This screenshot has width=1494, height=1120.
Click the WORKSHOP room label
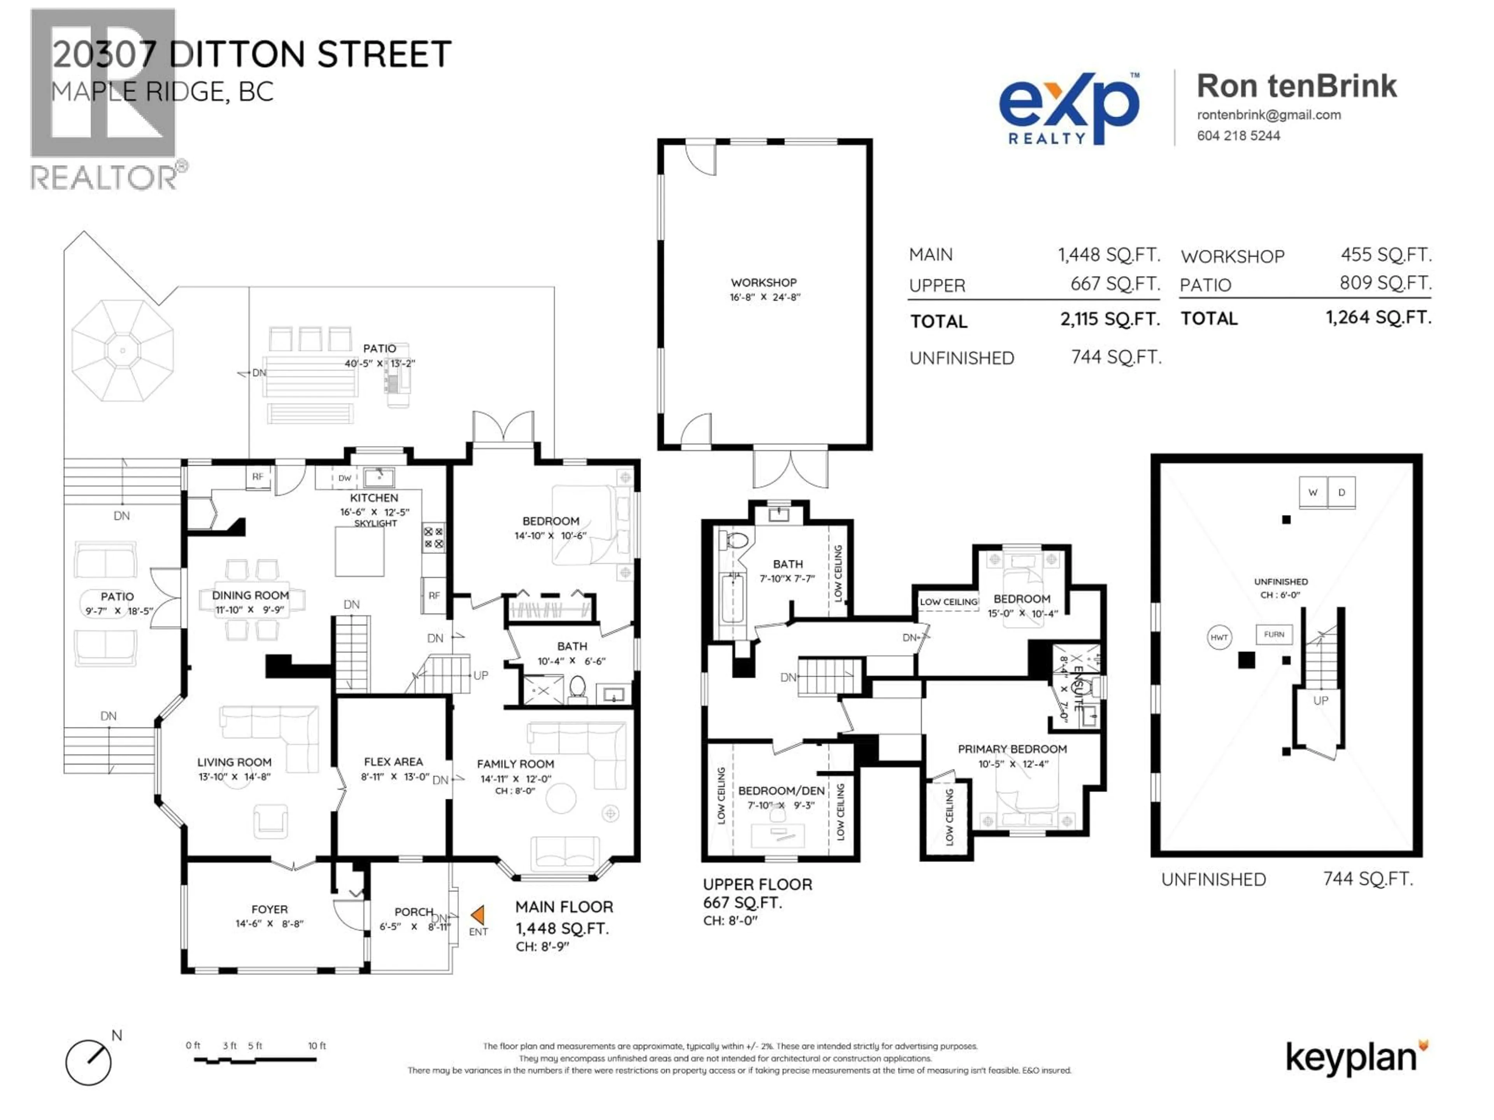click(x=763, y=283)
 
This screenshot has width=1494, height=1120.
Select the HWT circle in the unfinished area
click(x=1219, y=637)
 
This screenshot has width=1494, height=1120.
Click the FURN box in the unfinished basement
click(x=1274, y=635)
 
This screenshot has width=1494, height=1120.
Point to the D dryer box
click(x=1341, y=492)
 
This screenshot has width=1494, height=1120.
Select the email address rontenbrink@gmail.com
click(x=1268, y=115)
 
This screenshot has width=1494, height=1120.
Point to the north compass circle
click(x=88, y=1062)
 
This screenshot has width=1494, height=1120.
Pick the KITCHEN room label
click(x=374, y=497)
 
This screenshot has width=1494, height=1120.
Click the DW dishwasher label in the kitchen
click(x=344, y=478)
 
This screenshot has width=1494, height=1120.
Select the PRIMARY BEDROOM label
click(x=1012, y=749)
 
